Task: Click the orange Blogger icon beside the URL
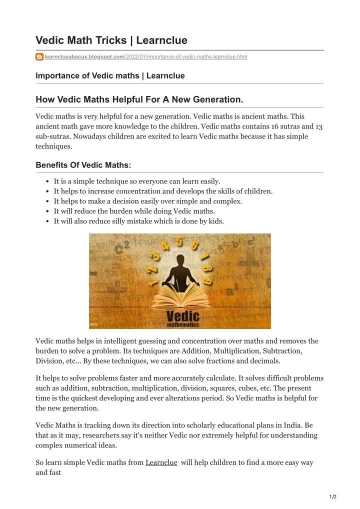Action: (x=39, y=57)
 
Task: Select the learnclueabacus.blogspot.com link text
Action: (x=84, y=57)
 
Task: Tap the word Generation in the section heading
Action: (x=216, y=99)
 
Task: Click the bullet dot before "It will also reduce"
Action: (x=46, y=221)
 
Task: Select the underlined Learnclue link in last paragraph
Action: (x=161, y=462)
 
